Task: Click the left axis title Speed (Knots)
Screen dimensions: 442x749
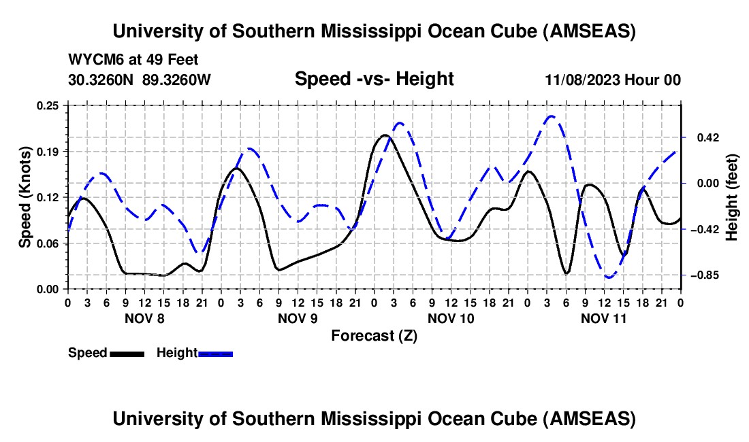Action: pyautogui.click(x=25, y=197)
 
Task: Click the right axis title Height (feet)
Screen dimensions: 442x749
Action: pyautogui.click(x=732, y=197)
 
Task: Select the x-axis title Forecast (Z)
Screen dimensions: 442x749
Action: pyautogui.click(x=374, y=335)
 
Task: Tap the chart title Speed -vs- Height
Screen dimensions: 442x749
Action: pyautogui.click(x=374, y=79)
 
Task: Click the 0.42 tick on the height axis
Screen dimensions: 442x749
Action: pyautogui.click(x=703, y=137)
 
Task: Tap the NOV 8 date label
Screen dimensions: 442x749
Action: pyautogui.click(x=144, y=318)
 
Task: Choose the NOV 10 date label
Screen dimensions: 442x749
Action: pyautogui.click(x=451, y=318)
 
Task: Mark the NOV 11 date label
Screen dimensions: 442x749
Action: pyautogui.click(x=604, y=318)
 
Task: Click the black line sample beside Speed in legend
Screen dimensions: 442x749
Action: pyautogui.click(x=127, y=353)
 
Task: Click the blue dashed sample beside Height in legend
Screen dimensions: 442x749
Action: pyautogui.click(x=215, y=353)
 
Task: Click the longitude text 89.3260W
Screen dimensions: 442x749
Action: pyautogui.click(x=177, y=79)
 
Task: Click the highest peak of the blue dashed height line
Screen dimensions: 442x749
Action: pyautogui.click(x=551, y=116)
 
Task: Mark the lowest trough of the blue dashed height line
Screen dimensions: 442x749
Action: pyautogui.click(x=609, y=277)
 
